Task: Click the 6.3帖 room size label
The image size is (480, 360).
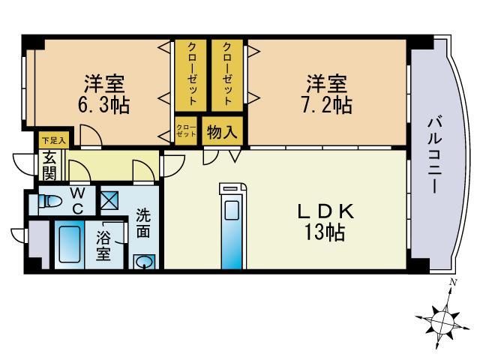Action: (104, 104)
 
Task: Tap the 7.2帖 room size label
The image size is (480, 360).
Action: (328, 104)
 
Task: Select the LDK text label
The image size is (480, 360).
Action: (324, 211)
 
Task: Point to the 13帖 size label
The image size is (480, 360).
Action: (324, 233)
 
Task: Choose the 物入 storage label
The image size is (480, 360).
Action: (222, 133)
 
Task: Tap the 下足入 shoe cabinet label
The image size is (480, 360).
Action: (52, 139)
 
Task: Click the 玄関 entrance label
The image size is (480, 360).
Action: (49, 166)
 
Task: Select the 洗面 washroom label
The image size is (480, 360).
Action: (143, 223)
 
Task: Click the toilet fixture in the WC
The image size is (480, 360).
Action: (51, 202)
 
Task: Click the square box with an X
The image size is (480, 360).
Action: (109, 200)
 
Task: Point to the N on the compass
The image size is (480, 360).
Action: (452, 282)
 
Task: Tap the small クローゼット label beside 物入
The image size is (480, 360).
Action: (186, 131)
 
